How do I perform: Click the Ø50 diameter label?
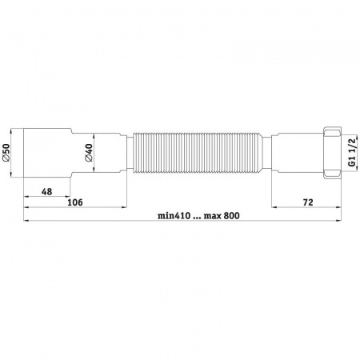tap(6, 153)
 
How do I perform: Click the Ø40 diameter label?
tap(88, 153)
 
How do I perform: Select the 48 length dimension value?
tap(47, 191)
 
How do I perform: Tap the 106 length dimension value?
tap(75, 202)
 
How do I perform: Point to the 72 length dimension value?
tap(308, 202)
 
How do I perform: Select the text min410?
tap(174, 215)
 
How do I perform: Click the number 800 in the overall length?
tap(232, 215)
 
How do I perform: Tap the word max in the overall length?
tap(213, 216)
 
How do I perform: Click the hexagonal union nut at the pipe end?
tap(332, 153)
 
